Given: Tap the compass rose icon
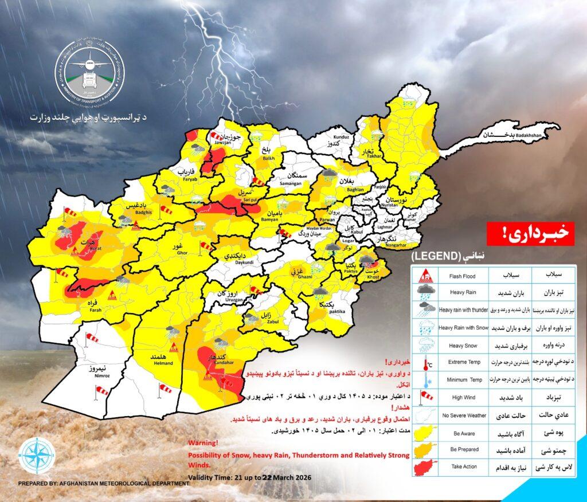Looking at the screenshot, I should click(x=37, y=457).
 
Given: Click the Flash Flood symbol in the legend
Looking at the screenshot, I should click(x=424, y=276).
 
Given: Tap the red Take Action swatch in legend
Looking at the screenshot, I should click(x=424, y=466).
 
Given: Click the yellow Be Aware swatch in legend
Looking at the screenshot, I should click(x=424, y=433).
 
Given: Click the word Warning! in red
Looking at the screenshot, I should click(x=202, y=443).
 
